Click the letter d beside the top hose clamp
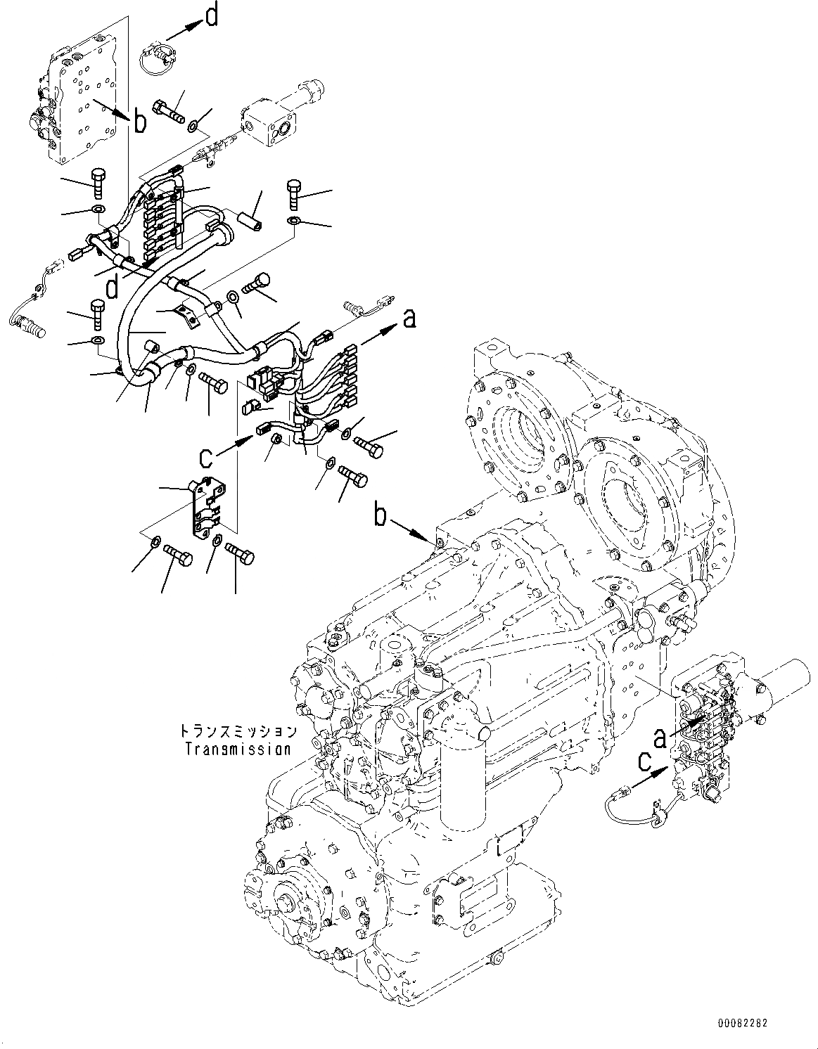[211, 15]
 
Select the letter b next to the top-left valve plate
[141, 122]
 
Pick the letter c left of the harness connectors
[205, 457]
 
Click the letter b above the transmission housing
[381, 517]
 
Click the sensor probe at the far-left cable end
[28, 324]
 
